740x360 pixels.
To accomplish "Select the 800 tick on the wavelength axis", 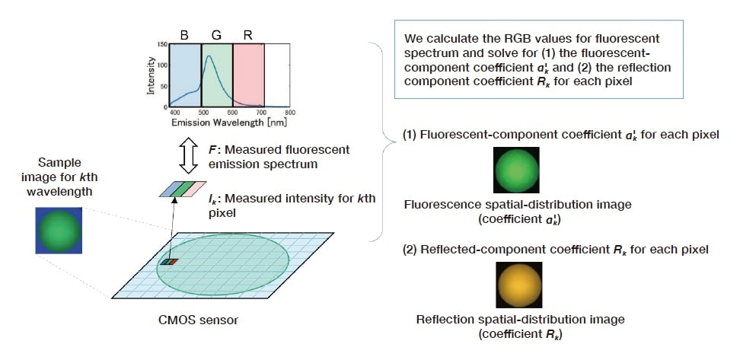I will pyautogui.click(x=290, y=111).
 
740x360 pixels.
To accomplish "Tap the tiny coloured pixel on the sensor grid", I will pyautogui.click(x=169, y=263).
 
